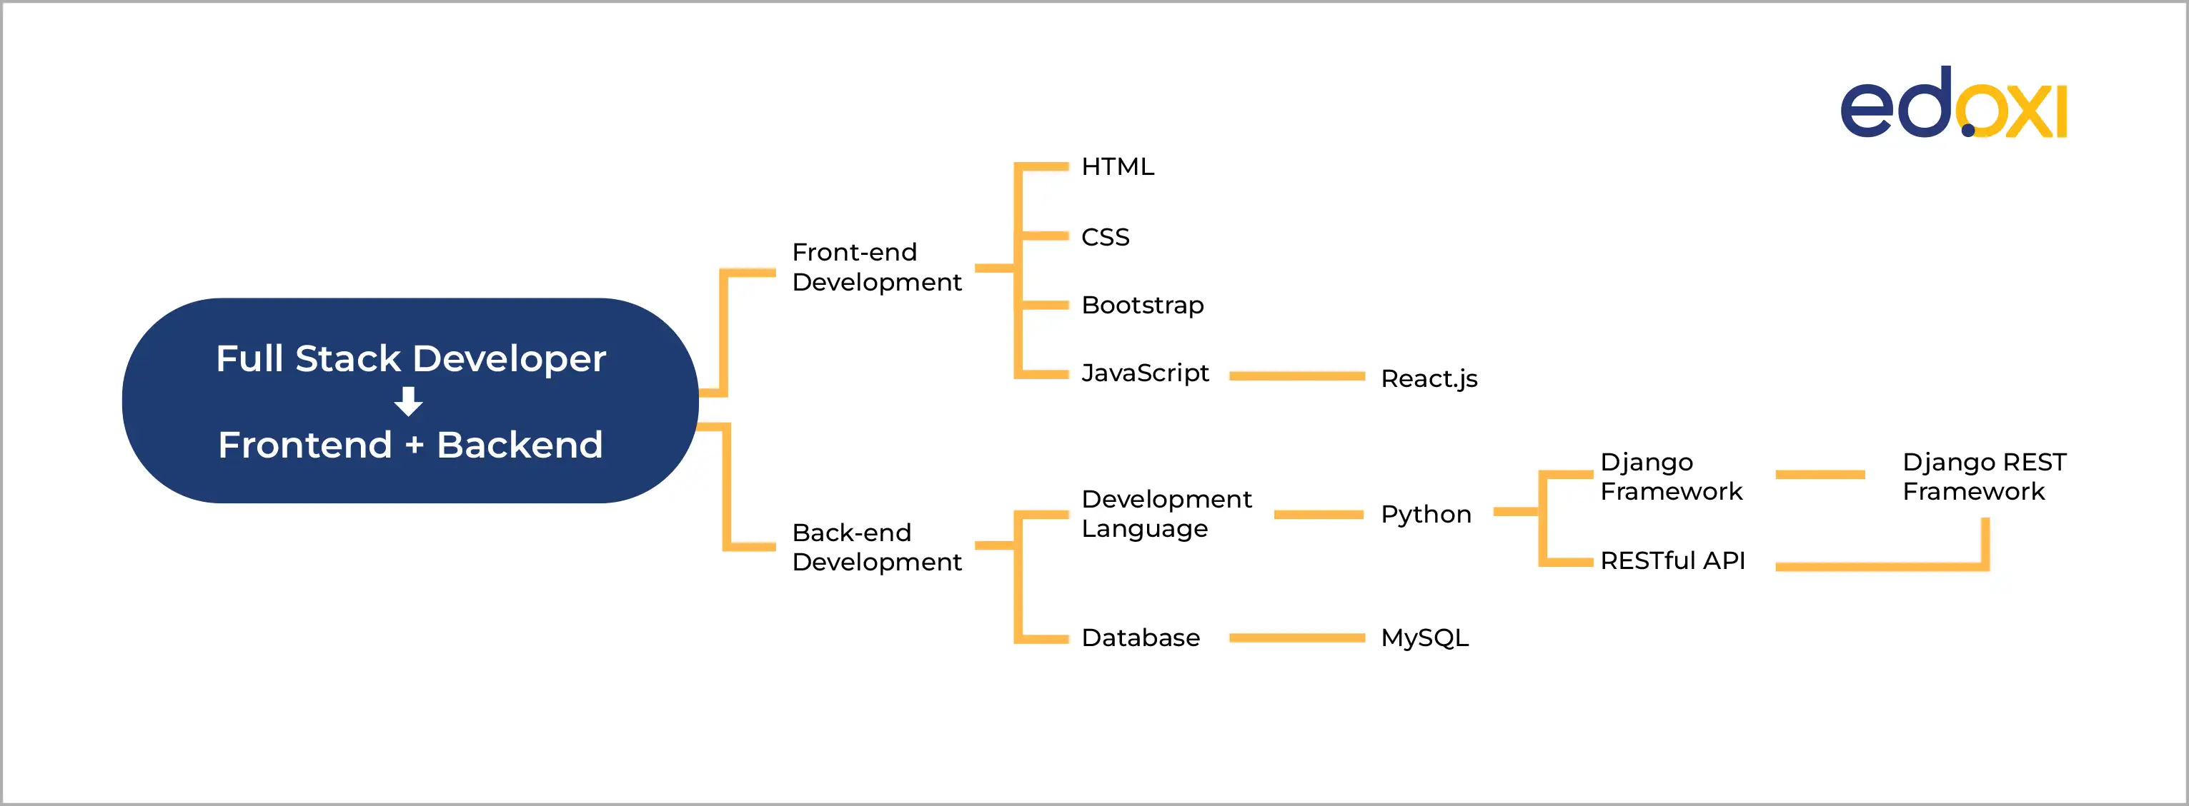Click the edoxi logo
[1952, 104]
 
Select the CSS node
[1105, 237]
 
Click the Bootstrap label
[1141, 305]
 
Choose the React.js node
[1429, 379]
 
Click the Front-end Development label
[875, 267]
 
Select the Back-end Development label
[875, 547]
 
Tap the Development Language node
[1165, 513]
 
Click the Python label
[1425, 514]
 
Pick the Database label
[1140, 638]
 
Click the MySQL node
[1424, 638]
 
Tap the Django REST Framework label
[1983, 476]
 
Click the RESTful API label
[1672, 560]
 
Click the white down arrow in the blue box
[409, 401]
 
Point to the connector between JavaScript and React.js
[1296, 376]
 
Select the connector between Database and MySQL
[1296, 638]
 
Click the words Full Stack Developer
[410, 358]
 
